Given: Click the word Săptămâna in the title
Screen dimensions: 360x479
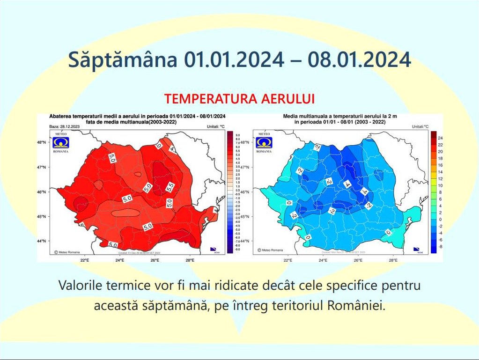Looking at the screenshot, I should click(x=123, y=60).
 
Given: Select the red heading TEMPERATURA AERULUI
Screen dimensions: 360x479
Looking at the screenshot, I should click(x=239, y=99).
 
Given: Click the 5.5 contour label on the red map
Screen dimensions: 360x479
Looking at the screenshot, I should click(x=170, y=186).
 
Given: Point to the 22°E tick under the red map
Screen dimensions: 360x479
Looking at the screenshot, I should click(x=84, y=260).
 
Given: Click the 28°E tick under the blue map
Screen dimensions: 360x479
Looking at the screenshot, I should click(x=393, y=260).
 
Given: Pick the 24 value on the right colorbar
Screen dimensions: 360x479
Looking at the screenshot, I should click(x=440, y=138).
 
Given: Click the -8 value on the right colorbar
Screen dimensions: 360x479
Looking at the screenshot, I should click(x=440, y=246).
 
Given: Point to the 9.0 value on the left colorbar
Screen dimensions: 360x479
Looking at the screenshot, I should click(x=237, y=135).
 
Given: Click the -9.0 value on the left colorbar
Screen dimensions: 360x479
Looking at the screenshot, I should click(x=237, y=250).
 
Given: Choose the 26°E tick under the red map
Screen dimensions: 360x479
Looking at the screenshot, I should click(x=155, y=260).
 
